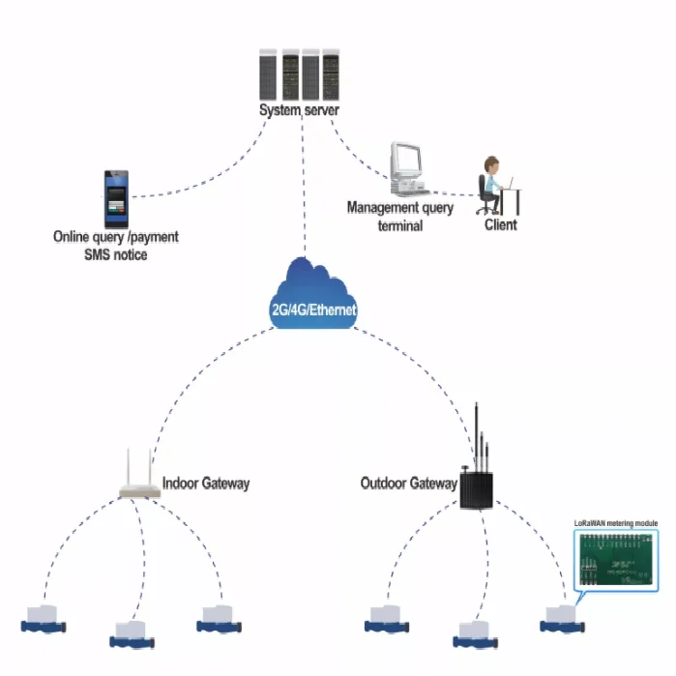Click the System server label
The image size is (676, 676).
pyautogui.click(x=299, y=110)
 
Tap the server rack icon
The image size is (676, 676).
pyautogui.click(x=299, y=74)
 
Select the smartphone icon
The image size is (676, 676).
pyautogui.click(x=116, y=199)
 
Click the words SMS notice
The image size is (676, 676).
pyautogui.click(x=115, y=254)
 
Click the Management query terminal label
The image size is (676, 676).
pyautogui.click(x=400, y=217)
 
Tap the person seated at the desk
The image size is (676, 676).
pyautogui.click(x=490, y=186)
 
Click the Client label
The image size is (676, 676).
pyautogui.click(x=501, y=224)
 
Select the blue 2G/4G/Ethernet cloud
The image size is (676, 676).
pyautogui.click(x=313, y=294)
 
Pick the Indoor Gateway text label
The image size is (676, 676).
pyautogui.click(x=206, y=484)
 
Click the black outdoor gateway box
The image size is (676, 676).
pyautogui.click(x=476, y=490)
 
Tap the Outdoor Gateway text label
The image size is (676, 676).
pyautogui.click(x=409, y=484)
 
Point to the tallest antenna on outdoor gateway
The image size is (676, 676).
pyautogui.click(x=477, y=436)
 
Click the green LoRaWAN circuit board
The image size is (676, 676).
pyautogui.click(x=616, y=560)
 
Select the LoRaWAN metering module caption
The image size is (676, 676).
pyautogui.click(x=616, y=523)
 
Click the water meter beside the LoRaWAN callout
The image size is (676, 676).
pyautogui.click(x=562, y=619)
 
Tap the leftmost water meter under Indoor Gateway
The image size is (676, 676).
pyautogui.click(x=44, y=619)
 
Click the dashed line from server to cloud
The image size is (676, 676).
pyautogui.click(x=304, y=186)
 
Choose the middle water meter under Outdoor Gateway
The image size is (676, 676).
pyautogui.click(x=475, y=634)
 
